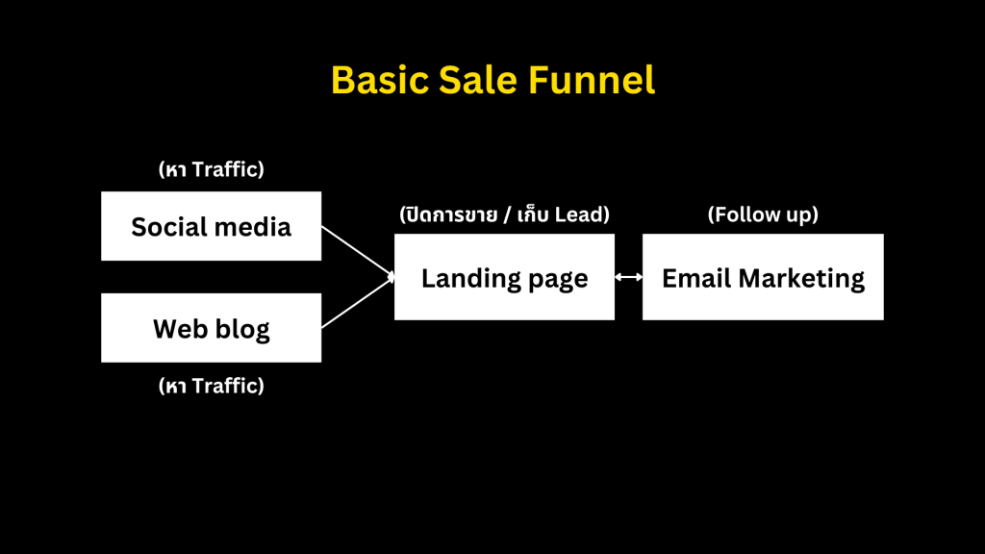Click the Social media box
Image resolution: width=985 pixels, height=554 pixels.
(211, 226)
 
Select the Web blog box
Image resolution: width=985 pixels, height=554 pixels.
(211, 328)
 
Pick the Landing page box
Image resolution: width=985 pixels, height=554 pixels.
(504, 278)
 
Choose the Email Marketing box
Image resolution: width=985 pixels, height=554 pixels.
(763, 278)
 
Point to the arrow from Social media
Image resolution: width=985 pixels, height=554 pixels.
(357, 252)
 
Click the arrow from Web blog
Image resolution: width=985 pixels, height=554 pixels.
(357, 303)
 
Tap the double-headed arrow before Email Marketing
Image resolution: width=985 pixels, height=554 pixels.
(628, 277)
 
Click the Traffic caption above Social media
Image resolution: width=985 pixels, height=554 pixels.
(226, 169)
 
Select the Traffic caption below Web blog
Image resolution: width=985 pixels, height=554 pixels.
(226, 386)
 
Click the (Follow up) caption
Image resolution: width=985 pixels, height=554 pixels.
(763, 214)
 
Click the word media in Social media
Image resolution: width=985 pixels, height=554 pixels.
(252, 227)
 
